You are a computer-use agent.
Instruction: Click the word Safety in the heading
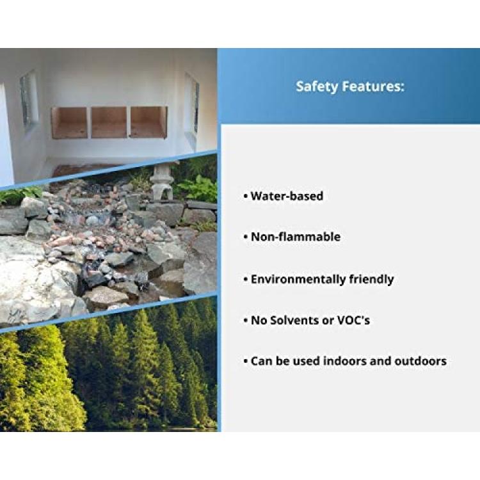tap(317, 86)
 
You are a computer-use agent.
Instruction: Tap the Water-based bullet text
tap(287, 196)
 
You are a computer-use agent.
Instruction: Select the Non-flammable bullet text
tap(296, 237)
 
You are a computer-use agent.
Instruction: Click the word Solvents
tap(294, 320)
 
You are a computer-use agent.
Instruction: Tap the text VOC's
tap(353, 320)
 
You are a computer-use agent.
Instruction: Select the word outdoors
tap(420, 361)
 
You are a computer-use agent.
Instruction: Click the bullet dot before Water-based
tap(246, 196)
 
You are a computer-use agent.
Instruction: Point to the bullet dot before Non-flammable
tap(246, 237)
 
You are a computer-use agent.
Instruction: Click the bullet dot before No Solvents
tap(246, 321)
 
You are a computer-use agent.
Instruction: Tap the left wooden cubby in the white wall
tap(70, 122)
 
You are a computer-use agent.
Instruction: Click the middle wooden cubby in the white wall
tap(109, 122)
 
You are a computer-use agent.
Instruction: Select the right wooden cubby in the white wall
tap(148, 122)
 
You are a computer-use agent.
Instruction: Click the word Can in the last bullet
tap(261, 361)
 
